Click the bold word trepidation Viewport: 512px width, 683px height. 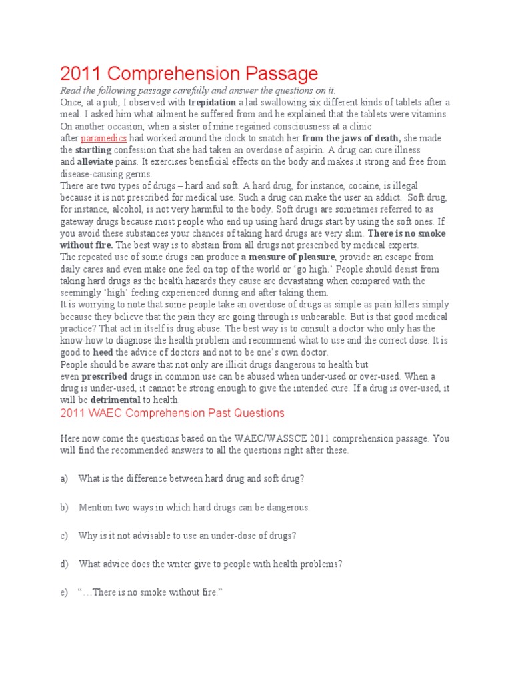click(x=212, y=103)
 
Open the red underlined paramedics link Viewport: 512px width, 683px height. click(x=103, y=138)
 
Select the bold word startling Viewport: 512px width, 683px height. click(x=93, y=150)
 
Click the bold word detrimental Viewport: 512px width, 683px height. click(x=115, y=400)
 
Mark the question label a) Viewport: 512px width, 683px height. click(x=64, y=478)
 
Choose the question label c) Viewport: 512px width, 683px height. click(x=64, y=536)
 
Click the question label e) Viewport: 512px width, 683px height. click(x=64, y=592)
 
